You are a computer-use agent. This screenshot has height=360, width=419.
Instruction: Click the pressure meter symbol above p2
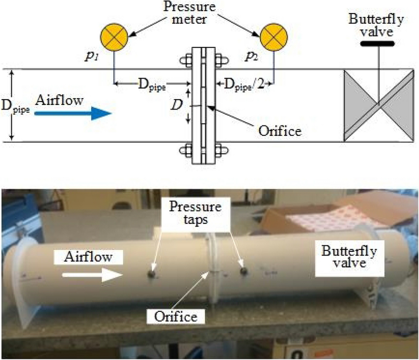[x=274, y=37]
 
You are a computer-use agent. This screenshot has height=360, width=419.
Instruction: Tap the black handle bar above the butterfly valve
[x=379, y=45]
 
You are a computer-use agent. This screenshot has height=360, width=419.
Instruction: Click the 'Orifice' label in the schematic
[x=280, y=130]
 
